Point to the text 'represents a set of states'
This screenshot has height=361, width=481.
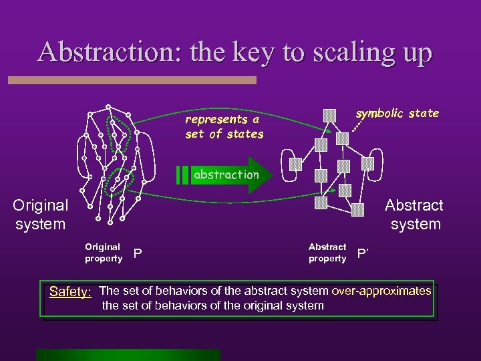(x=224, y=126)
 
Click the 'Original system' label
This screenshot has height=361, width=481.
(x=40, y=215)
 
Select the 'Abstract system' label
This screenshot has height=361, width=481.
(x=414, y=215)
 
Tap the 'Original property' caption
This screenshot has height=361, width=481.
(x=103, y=253)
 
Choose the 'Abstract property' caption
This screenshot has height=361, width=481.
(x=327, y=253)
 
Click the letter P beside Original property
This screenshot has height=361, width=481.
(x=138, y=253)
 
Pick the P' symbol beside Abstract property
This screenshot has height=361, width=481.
(x=363, y=253)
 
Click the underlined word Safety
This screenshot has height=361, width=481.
(x=71, y=292)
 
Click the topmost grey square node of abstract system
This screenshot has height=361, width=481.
(x=329, y=115)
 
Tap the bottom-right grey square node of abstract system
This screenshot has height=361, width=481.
(x=359, y=209)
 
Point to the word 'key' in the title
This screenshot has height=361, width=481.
(x=245, y=52)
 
